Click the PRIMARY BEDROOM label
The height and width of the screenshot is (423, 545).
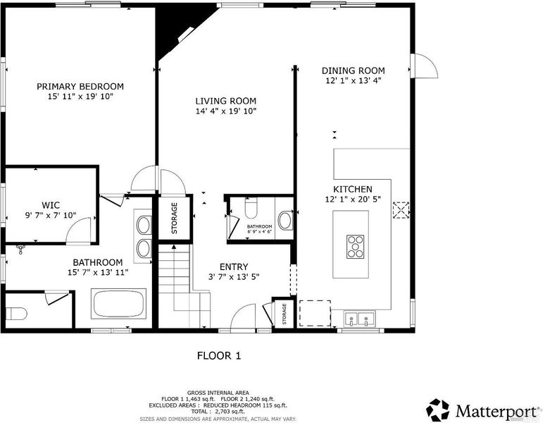[80, 86]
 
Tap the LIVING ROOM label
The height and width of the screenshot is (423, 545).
[226, 102]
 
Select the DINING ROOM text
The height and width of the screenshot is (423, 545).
[353, 70]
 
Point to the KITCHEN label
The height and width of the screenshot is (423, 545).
[353, 189]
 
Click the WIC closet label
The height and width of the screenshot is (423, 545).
[51, 205]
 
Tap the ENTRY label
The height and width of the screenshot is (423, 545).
[234, 266]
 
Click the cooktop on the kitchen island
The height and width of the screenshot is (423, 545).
[355, 247]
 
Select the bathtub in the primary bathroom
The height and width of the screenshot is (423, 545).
[119, 304]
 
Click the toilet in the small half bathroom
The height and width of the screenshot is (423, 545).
[251, 208]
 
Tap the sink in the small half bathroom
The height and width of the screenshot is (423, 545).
[285, 221]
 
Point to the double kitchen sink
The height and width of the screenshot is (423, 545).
[359, 319]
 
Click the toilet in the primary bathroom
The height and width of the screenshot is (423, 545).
[16, 314]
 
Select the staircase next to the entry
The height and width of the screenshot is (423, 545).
[184, 286]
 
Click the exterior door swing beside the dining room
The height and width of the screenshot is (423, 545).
[425, 66]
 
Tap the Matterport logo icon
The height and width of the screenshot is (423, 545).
[437, 410]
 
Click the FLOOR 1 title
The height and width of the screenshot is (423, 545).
[219, 355]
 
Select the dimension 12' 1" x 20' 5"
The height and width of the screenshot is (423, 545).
[353, 200]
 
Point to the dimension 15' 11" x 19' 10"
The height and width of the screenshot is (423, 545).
[81, 97]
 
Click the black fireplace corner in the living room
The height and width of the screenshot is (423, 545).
[181, 30]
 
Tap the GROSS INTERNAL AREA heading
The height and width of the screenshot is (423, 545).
[218, 393]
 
